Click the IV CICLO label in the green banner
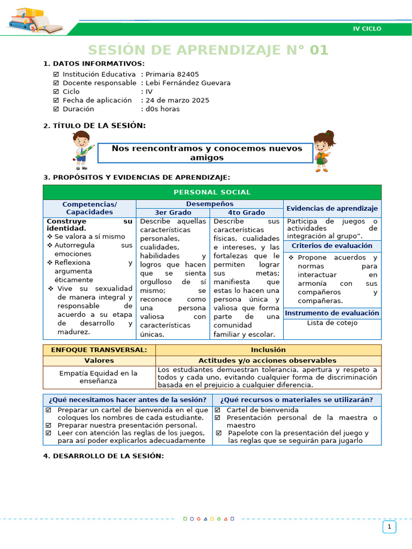tap(367, 28)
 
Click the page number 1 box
tap(389, 527)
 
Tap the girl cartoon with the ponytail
tap(323, 151)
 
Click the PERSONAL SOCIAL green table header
tap(212, 192)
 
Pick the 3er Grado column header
tap(173, 212)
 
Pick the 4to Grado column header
tap(246, 212)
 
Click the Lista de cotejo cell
tap(332, 323)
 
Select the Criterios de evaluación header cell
tap(332, 246)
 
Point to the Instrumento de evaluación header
tap(332, 313)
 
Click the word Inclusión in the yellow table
tap(268, 350)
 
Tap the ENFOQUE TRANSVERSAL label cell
tap(99, 350)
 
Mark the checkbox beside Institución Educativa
tap(56, 75)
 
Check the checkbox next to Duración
tap(56, 109)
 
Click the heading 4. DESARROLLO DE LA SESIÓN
tap(103, 456)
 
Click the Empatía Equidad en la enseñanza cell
tap(99, 377)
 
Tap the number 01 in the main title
tap(319, 50)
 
